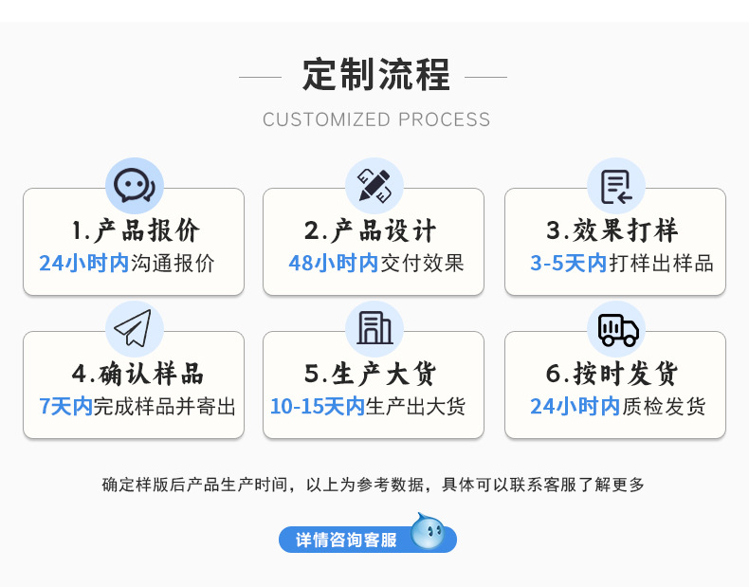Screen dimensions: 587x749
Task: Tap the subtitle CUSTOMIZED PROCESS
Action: coord(376,119)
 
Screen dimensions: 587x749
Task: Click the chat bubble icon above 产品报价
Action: coord(134,185)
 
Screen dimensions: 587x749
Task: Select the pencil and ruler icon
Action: coord(374,185)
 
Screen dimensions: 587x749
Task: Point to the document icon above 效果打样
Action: coord(615,185)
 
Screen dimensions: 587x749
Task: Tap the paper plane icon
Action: coord(134,328)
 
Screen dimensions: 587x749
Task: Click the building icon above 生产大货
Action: coord(374,328)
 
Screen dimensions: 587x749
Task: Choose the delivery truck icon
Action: coord(616,328)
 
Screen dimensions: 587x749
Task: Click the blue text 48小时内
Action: coord(333,264)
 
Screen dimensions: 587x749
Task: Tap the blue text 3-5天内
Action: coord(568,264)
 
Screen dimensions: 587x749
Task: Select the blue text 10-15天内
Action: coord(318,407)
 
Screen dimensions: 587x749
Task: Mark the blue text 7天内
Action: coord(65,407)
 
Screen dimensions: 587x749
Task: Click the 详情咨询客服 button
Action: coord(347,540)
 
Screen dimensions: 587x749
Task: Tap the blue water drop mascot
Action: coord(428,532)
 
